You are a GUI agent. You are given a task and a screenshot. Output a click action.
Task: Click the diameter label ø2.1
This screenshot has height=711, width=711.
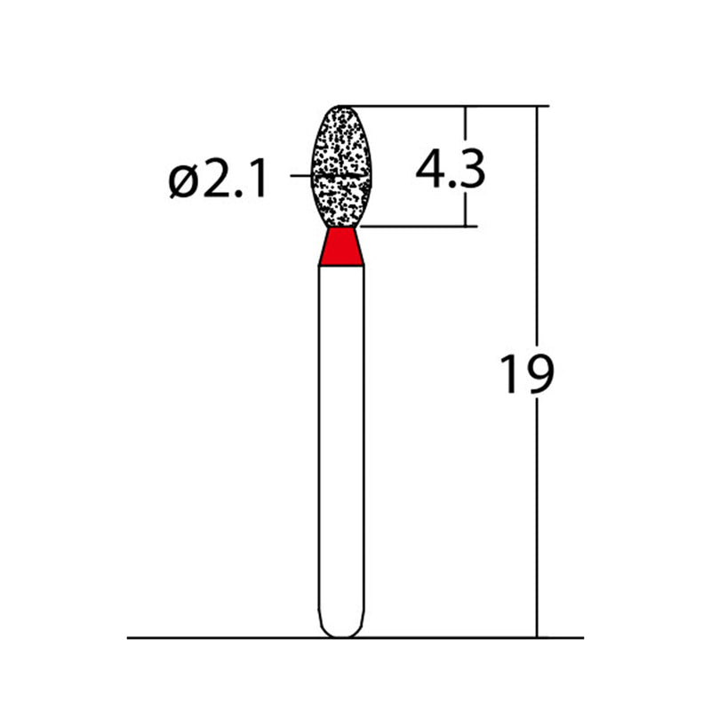tap(217, 181)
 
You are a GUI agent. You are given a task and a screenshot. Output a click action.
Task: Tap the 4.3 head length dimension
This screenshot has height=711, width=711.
tap(450, 169)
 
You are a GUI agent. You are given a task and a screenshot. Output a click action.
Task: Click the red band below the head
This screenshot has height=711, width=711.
tap(341, 247)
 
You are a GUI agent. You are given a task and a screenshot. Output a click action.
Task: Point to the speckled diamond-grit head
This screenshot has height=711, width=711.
tap(340, 151)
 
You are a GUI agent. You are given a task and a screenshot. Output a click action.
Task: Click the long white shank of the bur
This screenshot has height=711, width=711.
tap(342, 444)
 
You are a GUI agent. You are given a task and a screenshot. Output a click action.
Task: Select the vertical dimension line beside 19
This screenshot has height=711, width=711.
tap(537, 267)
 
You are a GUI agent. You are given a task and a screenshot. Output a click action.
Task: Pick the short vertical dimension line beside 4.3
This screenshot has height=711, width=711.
tap(467, 204)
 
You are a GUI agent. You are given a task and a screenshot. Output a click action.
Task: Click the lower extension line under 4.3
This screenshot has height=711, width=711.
tap(418, 227)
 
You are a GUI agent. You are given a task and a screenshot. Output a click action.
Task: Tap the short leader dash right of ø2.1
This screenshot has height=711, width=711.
tap(300, 177)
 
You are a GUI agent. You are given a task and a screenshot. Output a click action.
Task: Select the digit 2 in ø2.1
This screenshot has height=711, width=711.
tap(220, 181)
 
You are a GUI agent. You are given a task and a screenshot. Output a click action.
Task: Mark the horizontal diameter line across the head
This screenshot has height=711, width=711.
tap(340, 177)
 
